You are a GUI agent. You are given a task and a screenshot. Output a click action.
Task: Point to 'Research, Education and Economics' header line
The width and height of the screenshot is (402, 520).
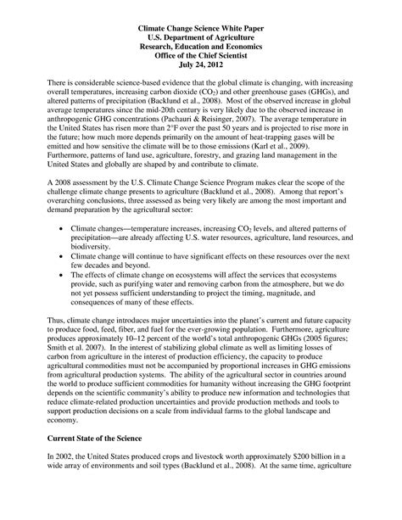click(201, 46)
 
